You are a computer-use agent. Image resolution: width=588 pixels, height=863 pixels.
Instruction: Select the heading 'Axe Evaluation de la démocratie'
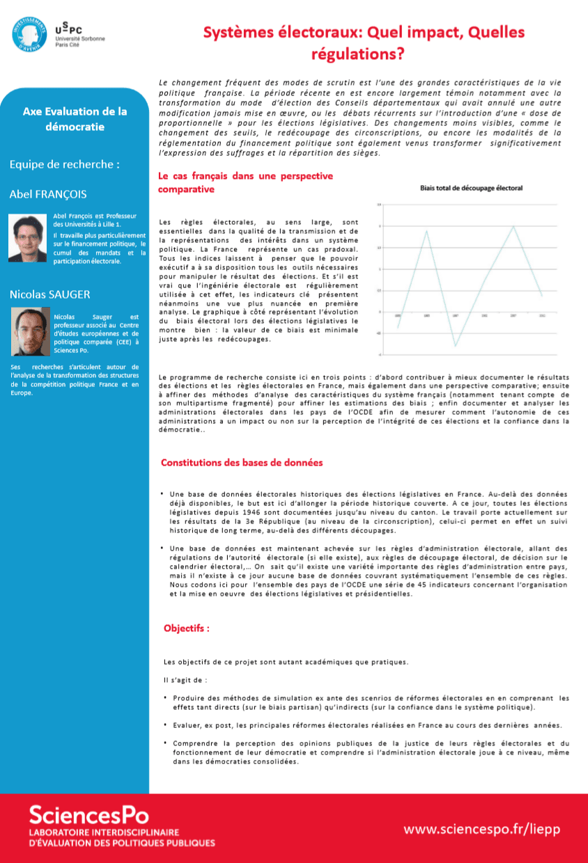75,119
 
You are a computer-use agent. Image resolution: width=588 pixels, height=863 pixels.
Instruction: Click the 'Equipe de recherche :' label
64,165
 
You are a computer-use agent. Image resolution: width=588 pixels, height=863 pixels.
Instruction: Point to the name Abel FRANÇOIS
48,194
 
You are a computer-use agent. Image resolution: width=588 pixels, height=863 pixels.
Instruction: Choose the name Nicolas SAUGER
49,294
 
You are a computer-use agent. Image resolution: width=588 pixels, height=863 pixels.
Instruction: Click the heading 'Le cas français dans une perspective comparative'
245,182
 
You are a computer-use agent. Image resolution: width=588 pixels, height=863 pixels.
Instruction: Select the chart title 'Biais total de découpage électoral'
471,188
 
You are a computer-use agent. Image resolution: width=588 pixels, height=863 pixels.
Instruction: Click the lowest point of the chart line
455,345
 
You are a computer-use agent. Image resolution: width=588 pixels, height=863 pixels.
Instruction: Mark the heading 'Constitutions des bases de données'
242,462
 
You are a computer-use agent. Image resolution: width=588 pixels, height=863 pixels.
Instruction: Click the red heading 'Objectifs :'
187,628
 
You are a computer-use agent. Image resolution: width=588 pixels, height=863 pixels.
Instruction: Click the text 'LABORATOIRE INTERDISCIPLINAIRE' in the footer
104,832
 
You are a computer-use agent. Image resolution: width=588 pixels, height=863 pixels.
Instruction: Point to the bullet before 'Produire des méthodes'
165,697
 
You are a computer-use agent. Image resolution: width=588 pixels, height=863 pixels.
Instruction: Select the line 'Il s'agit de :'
185,679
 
